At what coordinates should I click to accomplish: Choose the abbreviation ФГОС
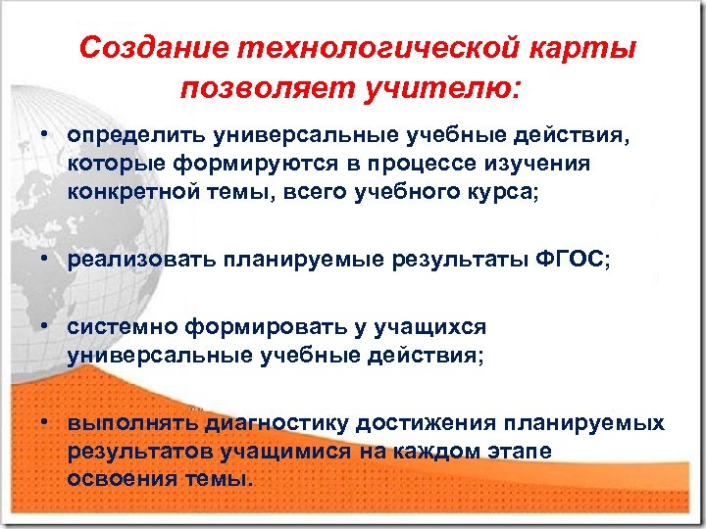pos(571,260)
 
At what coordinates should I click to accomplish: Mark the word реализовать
pos(142,260)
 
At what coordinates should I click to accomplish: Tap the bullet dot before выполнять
pos(46,424)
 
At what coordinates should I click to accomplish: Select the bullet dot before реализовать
pos(46,260)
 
